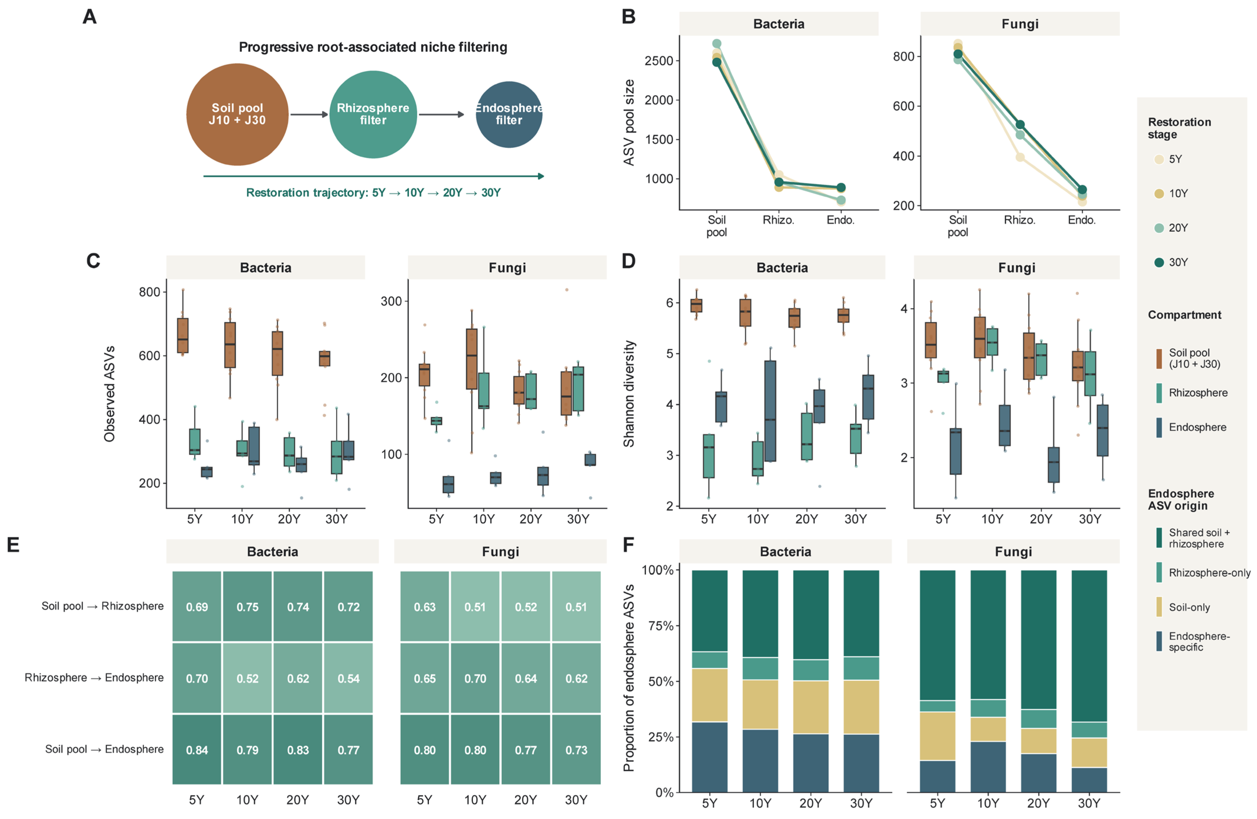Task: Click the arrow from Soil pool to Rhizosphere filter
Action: coord(309,115)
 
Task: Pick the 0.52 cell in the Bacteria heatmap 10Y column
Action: coord(247,678)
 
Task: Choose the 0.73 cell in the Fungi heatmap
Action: coord(576,749)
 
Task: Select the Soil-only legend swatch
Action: coord(1159,607)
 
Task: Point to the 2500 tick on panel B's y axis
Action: coord(659,61)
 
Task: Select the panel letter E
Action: coord(13,545)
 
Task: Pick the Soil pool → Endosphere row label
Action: coord(104,749)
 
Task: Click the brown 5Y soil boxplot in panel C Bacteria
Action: coord(183,336)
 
